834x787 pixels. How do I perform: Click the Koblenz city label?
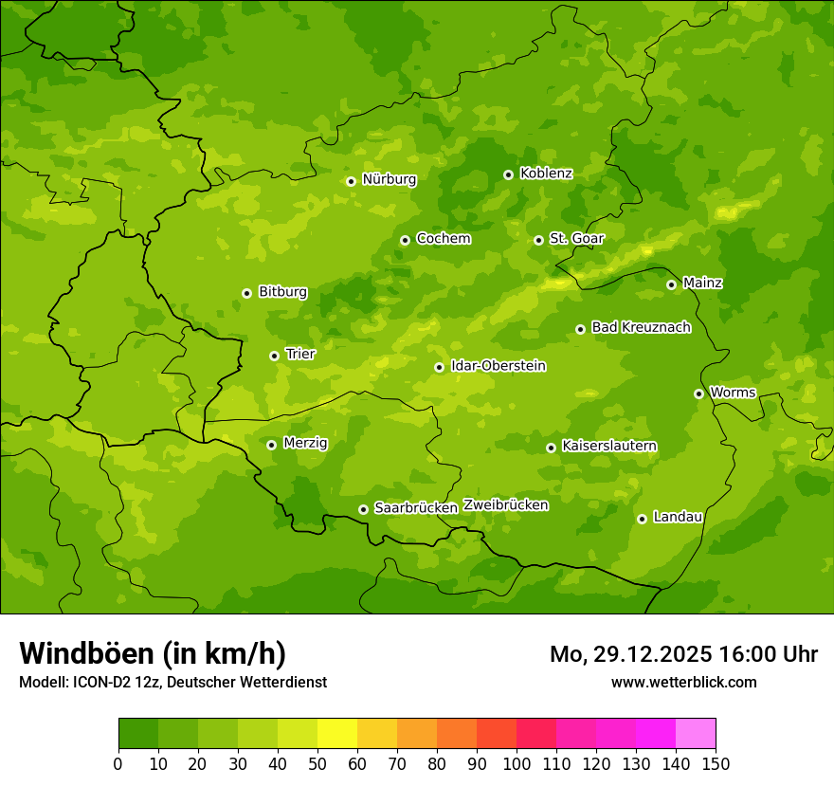(546, 174)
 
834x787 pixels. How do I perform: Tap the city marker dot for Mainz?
(671, 284)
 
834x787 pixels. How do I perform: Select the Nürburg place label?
(389, 179)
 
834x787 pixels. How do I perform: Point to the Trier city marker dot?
(274, 356)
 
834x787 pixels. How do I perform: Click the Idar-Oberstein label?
(498, 366)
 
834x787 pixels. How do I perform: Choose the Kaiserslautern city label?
(609, 446)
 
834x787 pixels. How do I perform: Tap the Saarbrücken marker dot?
(363, 509)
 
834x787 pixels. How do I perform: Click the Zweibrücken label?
(505, 505)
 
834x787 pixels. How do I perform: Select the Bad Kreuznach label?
(641, 327)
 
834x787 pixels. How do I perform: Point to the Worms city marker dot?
(698, 393)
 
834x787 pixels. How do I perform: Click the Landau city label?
(678, 517)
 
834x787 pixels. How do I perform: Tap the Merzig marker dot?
(271, 445)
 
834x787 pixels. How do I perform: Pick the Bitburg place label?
(282, 292)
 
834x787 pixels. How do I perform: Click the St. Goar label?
(576, 238)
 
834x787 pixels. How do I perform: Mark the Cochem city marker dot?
(405, 240)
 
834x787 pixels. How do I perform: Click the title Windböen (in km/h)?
(153, 653)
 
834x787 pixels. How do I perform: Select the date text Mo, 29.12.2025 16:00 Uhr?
(683, 654)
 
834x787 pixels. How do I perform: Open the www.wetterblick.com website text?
(683, 682)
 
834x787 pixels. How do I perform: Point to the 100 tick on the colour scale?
(517, 763)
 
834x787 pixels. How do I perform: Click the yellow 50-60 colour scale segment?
(337, 734)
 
